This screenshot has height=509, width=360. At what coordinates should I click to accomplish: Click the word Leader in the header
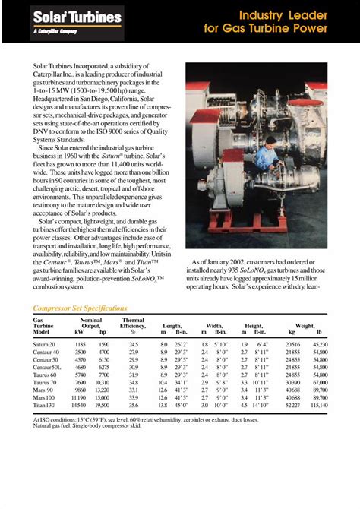tap(305, 15)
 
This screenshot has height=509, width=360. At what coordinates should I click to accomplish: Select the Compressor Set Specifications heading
tap(80, 308)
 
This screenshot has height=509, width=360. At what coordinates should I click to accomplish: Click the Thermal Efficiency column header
tap(134, 325)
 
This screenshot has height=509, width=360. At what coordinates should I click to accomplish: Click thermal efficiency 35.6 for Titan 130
tap(134, 405)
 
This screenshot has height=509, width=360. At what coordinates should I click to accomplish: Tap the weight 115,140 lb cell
tap(320, 405)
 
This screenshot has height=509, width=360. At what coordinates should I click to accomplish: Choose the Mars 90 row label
tap(44, 390)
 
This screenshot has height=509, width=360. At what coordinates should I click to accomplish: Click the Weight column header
tap(305, 325)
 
